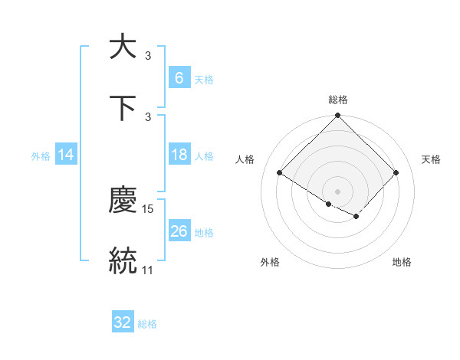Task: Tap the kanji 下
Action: click(123, 108)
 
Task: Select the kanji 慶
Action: click(123, 201)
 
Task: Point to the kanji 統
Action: click(123, 260)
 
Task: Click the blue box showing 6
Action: click(179, 77)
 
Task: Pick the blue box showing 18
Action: click(179, 155)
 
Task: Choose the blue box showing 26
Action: click(179, 231)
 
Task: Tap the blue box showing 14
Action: click(66, 155)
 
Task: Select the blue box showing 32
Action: click(123, 322)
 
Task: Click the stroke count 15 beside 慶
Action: click(148, 208)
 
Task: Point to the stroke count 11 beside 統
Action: click(148, 270)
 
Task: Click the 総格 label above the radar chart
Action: click(337, 100)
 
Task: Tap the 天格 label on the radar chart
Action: click(431, 159)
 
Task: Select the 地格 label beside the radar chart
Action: click(402, 262)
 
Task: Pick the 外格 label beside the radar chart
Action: click(270, 262)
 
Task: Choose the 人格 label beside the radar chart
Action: click(245, 159)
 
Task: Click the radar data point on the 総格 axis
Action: click(337, 116)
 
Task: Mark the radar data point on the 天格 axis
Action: click(396, 172)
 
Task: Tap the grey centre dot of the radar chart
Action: click(337, 191)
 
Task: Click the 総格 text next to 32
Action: click(147, 323)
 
